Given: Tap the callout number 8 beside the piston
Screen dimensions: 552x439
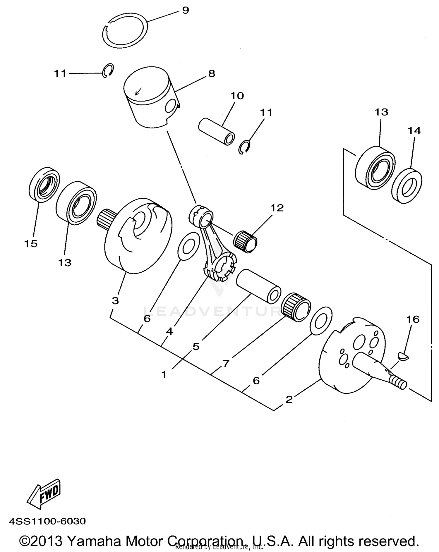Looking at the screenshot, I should click(x=212, y=73).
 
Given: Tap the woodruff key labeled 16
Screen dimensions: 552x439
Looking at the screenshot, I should click(x=404, y=356).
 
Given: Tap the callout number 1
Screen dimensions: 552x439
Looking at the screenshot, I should click(x=164, y=374).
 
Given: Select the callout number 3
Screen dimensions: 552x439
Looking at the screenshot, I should click(x=115, y=300).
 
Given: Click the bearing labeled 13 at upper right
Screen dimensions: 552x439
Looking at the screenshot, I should click(x=375, y=169).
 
